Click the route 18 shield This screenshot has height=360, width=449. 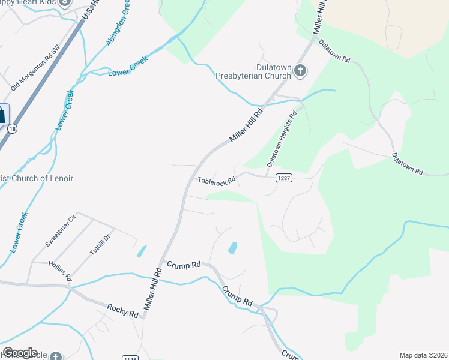click(13, 128)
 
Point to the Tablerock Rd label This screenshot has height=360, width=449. click(216, 181)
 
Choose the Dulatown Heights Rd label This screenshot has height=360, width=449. click(282, 139)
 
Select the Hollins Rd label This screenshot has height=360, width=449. click(61, 270)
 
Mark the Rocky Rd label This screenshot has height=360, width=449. click(123, 310)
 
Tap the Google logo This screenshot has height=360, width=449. click(20, 353)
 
